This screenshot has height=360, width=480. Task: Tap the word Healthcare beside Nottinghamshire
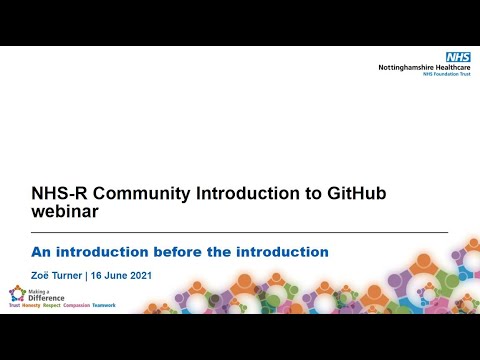click(448, 69)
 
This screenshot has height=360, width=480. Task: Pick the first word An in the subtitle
click(45, 251)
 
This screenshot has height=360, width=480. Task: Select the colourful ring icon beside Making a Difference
click(16, 294)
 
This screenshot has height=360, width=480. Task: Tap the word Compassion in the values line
click(70, 305)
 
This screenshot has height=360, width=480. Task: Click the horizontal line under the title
click(240, 232)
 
